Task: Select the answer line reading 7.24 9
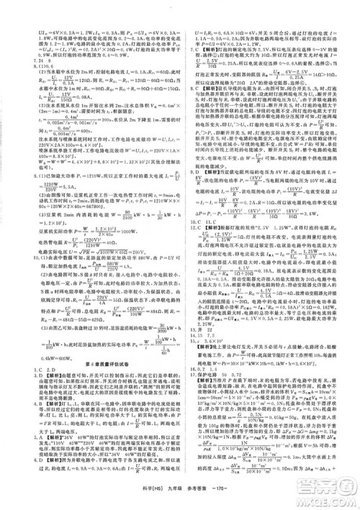pos(16,63)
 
